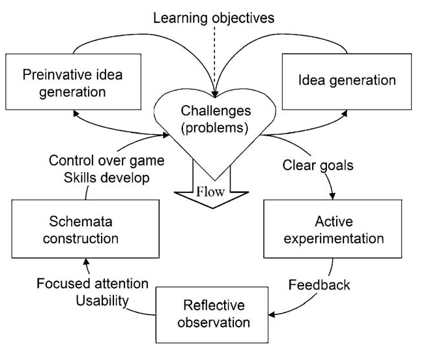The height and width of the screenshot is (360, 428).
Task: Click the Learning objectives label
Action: pos(214,18)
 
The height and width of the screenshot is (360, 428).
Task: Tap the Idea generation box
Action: pos(347,80)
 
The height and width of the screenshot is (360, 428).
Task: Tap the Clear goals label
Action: pos(318,166)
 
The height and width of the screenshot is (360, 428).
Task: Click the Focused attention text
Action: pos(93,284)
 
